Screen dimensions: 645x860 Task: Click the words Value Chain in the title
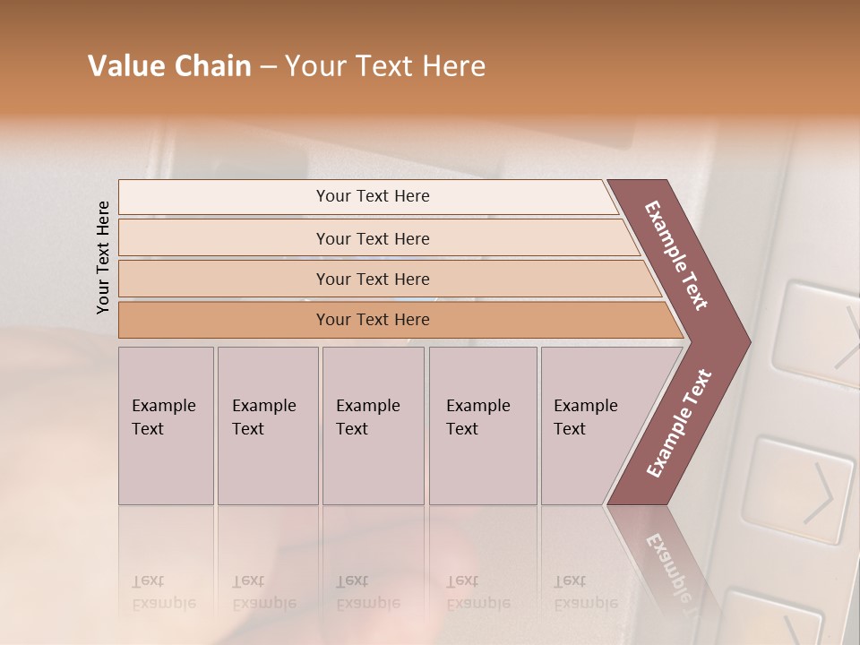(169, 66)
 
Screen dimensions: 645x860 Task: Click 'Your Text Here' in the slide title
(385, 66)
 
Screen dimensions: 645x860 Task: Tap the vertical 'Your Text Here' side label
(103, 257)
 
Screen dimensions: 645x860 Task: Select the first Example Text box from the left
(166, 426)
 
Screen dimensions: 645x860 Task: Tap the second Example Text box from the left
(268, 426)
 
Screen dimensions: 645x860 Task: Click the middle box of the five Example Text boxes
(373, 426)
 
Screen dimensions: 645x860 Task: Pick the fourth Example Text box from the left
(483, 426)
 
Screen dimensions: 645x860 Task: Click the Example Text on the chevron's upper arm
(677, 255)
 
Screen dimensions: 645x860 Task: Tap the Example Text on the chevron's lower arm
(679, 424)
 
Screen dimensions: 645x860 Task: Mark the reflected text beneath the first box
(163, 592)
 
